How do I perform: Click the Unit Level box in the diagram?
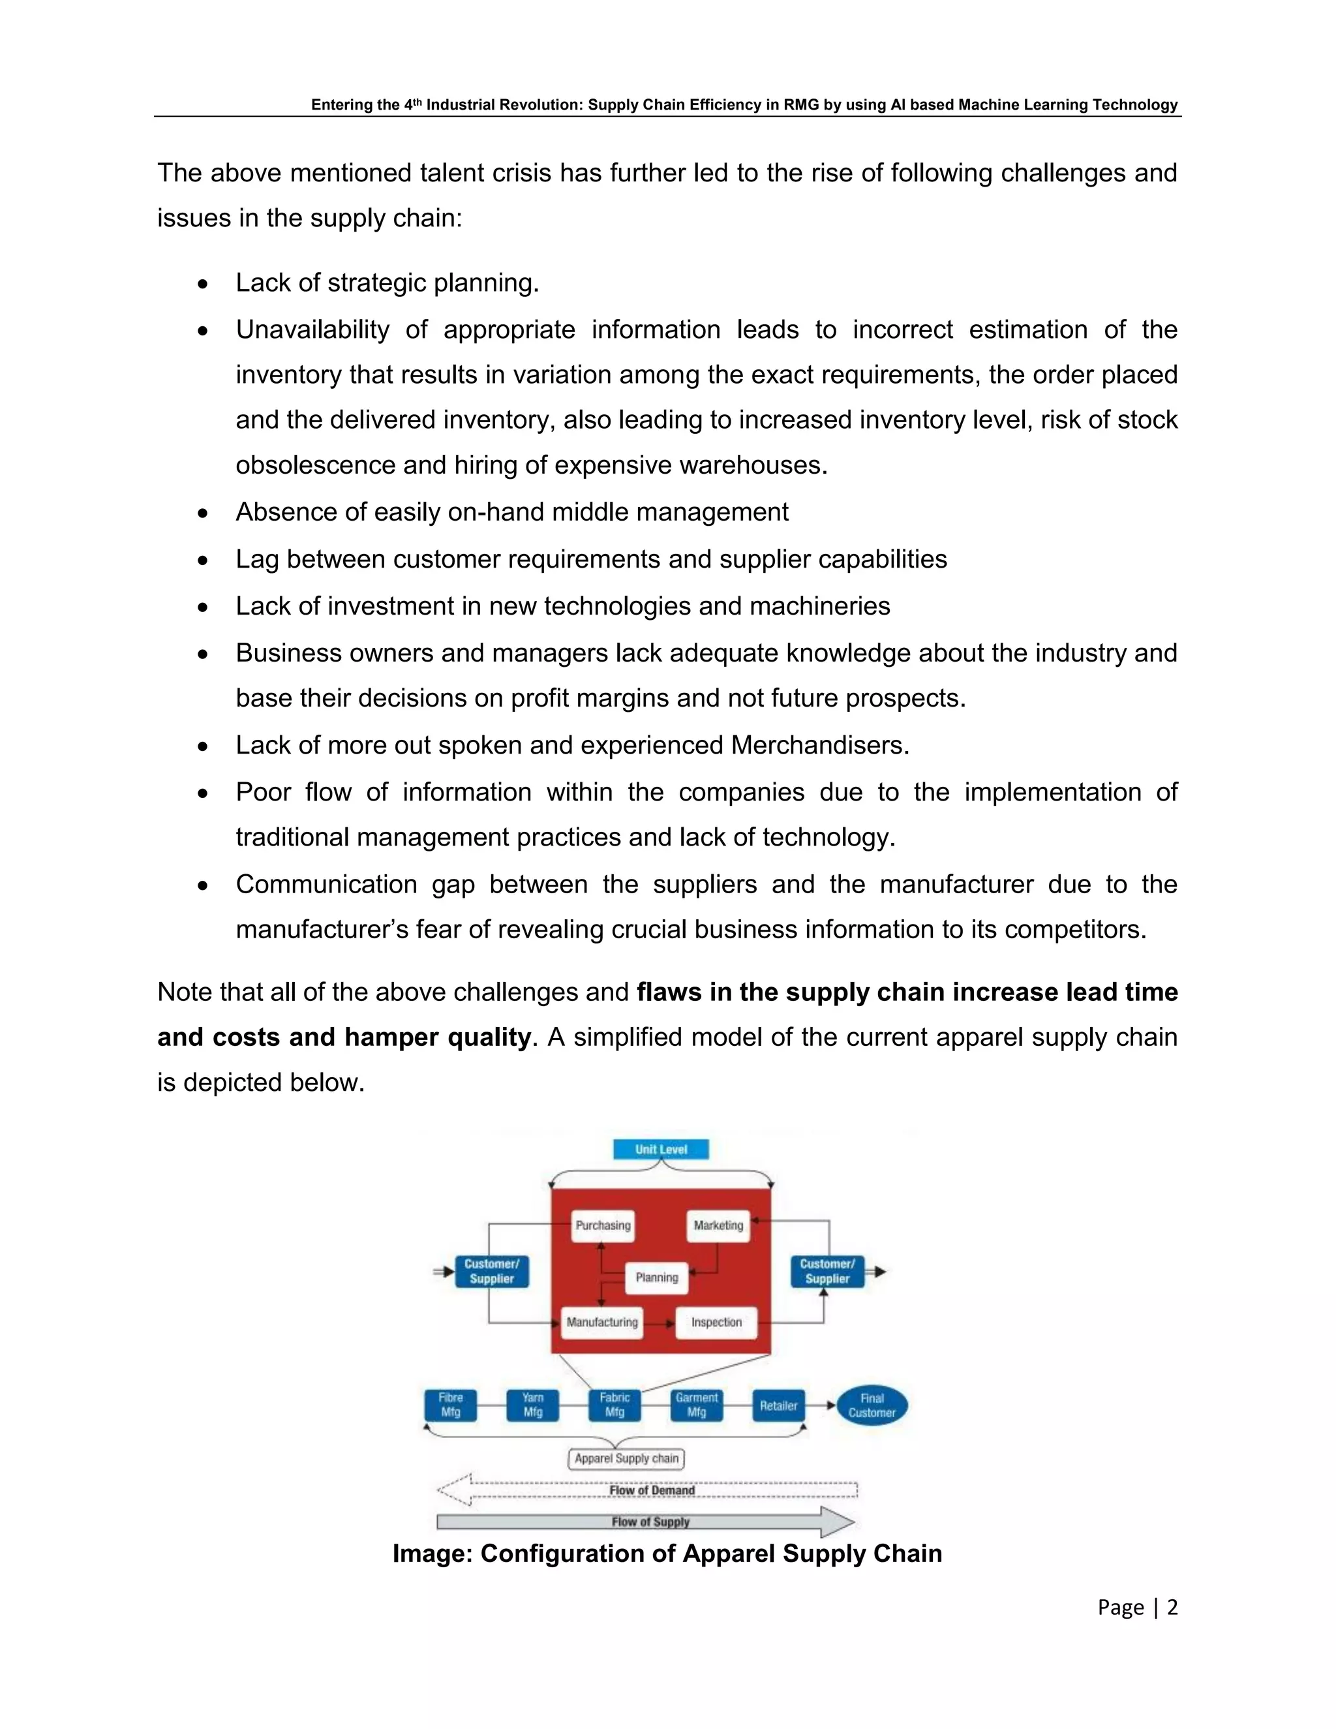(661, 1149)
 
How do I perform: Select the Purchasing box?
(603, 1225)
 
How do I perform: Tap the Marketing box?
(718, 1225)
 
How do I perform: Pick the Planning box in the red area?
(657, 1277)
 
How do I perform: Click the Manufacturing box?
(601, 1322)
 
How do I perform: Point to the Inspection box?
(716, 1322)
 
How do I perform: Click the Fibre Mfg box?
(450, 1405)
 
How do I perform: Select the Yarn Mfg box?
(533, 1405)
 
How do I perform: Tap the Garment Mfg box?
(697, 1405)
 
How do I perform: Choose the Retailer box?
(778, 1406)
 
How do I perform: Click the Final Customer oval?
(872, 1405)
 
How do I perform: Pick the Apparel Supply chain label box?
(626, 1458)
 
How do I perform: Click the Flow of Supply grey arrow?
(649, 1522)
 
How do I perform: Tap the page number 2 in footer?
(1172, 1607)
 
